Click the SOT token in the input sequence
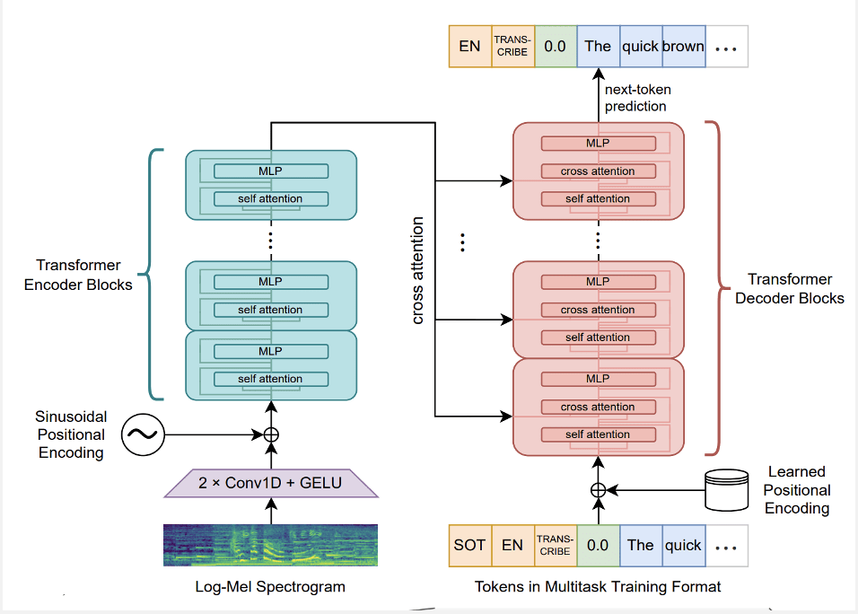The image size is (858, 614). click(x=469, y=545)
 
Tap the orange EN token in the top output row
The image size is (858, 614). click(x=469, y=47)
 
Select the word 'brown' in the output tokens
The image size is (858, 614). click(x=683, y=47)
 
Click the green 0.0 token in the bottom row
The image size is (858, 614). click(x=598, y=545)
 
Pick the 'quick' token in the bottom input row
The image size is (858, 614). click(x=683, y=545)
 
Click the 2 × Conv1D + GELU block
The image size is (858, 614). click(x=270, y=483)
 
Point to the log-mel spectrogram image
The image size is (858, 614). click(x=270, y=546)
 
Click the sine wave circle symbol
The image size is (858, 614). click(x=142, y=435)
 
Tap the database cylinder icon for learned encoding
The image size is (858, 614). click(x=727, y=489)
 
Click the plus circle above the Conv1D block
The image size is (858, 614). click(x=270, y=435)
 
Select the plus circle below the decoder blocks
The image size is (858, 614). click(x=599, y=490)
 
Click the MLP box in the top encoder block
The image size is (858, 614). click(x=270, y=171)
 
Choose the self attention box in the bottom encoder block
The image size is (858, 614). click(x=270, y=379)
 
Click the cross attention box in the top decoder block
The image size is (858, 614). click(x=598, y=171)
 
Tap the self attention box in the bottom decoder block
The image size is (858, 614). click(x=598, y=434)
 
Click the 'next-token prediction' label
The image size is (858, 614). click(x=636, y=98)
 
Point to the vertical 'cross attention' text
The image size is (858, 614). click(x=418, y=269)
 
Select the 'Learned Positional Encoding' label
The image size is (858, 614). click(x=797, y=490)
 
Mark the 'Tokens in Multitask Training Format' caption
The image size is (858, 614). click(x=598, y=588)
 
